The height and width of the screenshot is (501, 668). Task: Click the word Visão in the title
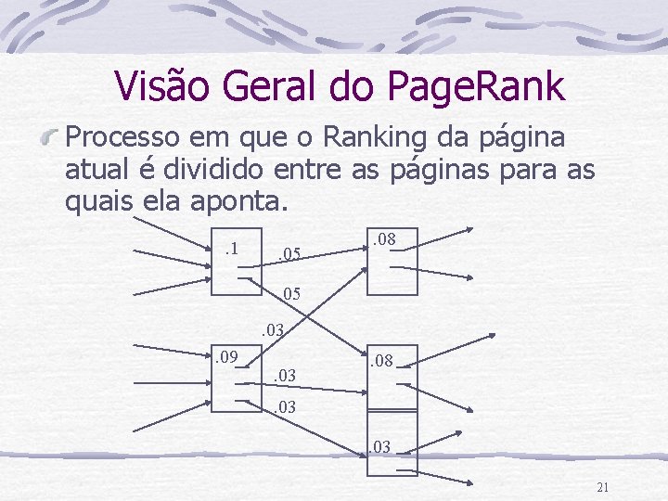tap(165, 86)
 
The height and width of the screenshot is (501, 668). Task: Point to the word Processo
tap(124, 139)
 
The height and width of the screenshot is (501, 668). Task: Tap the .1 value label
tap(232, 248)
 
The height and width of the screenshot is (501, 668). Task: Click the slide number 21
tap(602, 488)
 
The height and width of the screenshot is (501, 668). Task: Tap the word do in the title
tap(349, 86)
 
